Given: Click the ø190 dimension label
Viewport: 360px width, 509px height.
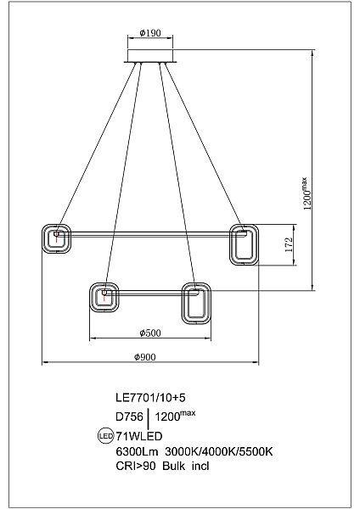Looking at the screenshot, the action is (x=150, y=33).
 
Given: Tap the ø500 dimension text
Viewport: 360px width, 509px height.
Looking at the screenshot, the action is (x=150, y=333).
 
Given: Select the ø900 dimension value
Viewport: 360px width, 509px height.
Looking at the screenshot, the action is (x=145, y=357).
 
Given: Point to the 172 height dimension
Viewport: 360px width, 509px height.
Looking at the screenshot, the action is (x=289, y=245).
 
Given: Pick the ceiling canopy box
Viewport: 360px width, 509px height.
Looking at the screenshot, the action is (x=150, y=56).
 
